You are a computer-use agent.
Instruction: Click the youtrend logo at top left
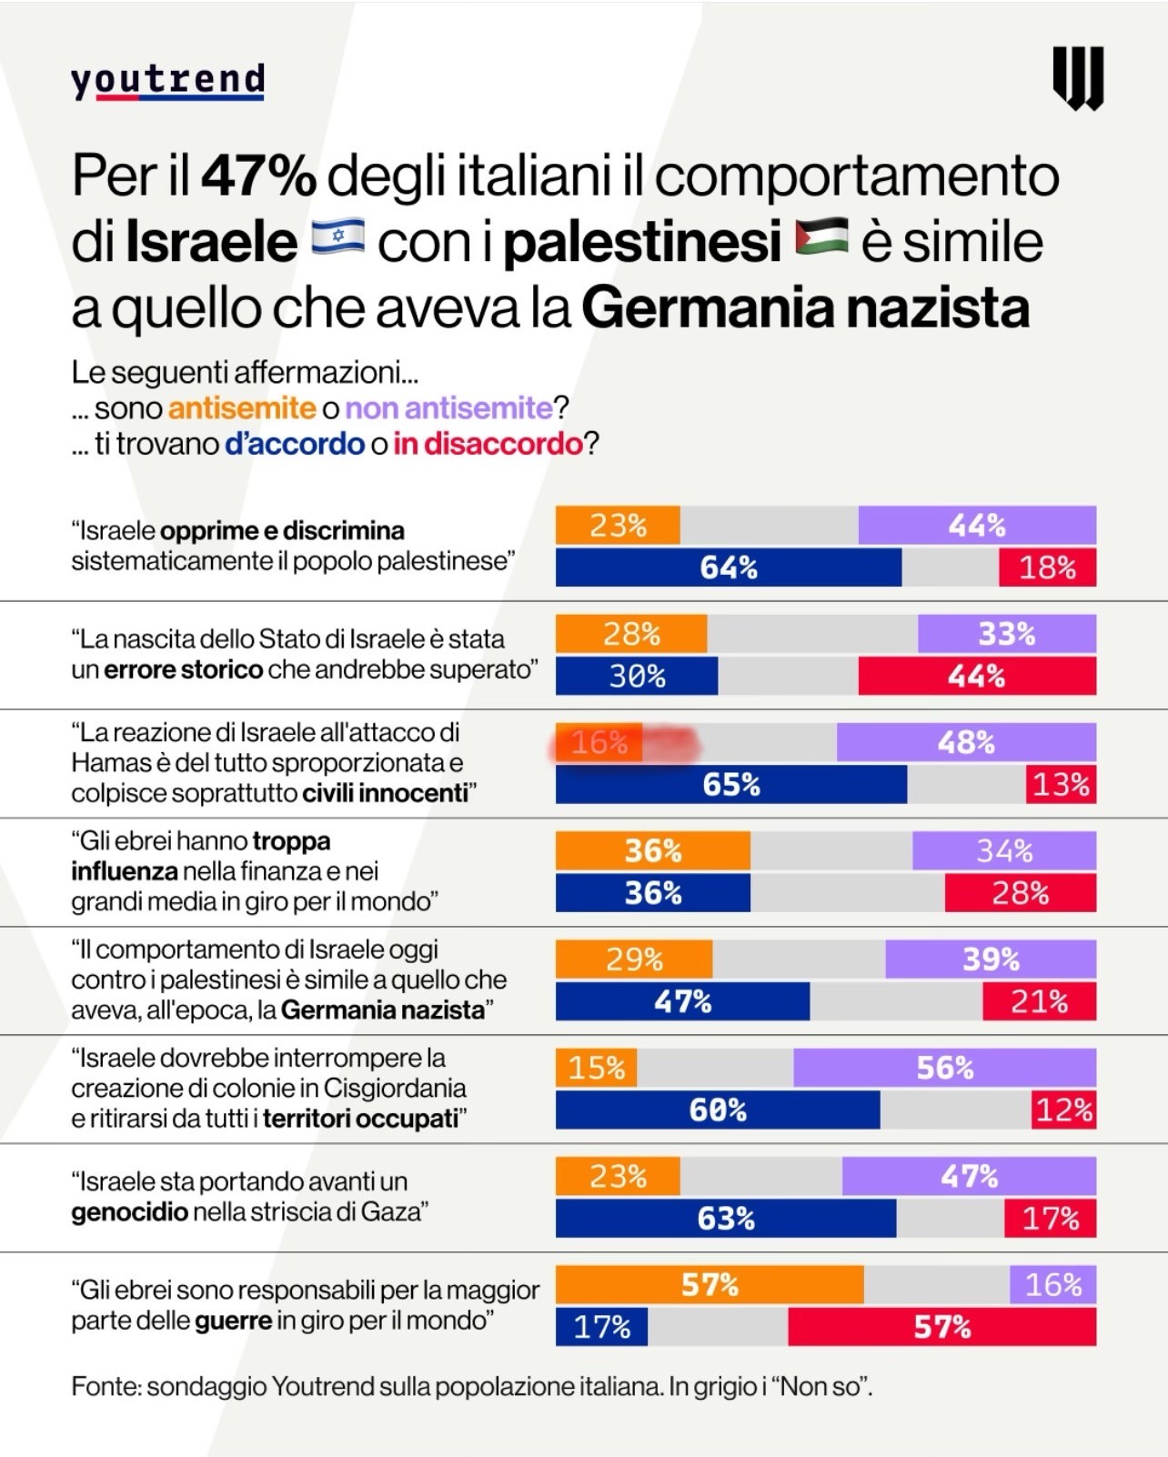tap(168, 81)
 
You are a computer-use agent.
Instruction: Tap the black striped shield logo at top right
tap(1078, 78)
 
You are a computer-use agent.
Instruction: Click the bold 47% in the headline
tap(258, 176)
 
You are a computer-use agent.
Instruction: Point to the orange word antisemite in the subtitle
tap(242, 408)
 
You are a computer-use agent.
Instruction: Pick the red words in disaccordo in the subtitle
tap(488, 444)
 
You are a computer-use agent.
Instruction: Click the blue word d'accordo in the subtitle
tap(295, 444)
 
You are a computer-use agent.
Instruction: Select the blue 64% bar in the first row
tap(728, 568)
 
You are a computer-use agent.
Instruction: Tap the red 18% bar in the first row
tap(1047, 568)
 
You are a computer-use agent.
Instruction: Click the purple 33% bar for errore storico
tap(1006, 634)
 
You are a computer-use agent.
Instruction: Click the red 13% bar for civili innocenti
tap(1061, 784)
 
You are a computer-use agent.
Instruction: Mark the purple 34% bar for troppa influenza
tap(1003, 851)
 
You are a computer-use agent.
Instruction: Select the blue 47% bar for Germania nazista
tap(682, 1001)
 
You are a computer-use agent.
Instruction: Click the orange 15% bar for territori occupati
tap(596, 1068)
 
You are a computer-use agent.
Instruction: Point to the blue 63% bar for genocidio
tap(725, 1219)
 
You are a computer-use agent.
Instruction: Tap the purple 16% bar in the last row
tap(1052, 1285)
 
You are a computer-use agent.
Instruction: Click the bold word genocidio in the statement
tap(130, 1212)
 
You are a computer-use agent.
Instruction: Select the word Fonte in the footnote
tap(105, 1387)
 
